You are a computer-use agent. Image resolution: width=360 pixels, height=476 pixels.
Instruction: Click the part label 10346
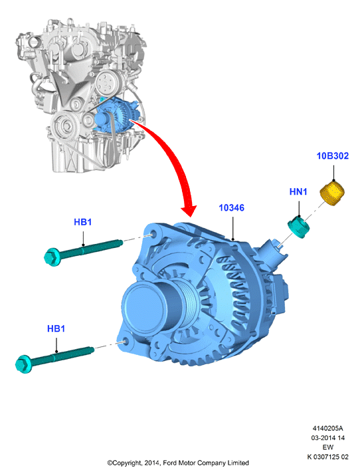click(231, 208)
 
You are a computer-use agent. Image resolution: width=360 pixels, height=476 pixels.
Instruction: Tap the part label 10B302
click(332, 156)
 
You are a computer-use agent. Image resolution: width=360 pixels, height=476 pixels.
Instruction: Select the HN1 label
click(298, 192)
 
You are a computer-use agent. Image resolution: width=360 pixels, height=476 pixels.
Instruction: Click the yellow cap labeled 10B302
click(332, 193)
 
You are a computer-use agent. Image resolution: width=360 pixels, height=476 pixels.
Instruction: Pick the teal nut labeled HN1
click(298, 227)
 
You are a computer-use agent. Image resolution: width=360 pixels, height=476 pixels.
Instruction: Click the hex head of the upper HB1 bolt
click(52, 257)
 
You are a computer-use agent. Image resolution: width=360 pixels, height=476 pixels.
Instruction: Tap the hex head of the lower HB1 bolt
click(23, 364)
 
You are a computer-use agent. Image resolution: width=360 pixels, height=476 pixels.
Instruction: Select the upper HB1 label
click(83, 222)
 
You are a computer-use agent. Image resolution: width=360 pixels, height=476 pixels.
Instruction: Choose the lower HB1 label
click(56, 329)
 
